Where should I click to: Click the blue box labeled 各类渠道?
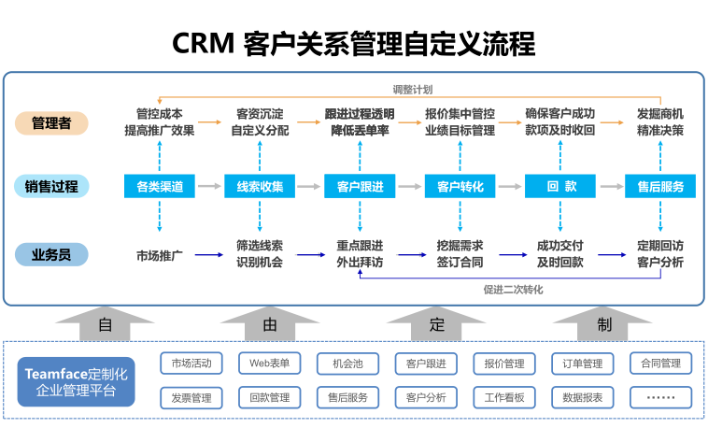tap(160, 186)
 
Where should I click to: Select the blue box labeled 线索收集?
tap(260, 186)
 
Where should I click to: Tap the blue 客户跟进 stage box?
tap(360, 186)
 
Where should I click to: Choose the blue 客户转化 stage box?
tap(460, 186)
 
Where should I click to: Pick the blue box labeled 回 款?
tap(559, 186)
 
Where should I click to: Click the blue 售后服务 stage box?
tap(660, 186)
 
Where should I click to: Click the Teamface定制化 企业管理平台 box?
tap(76, 381)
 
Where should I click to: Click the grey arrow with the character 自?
tap(105, 325)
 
